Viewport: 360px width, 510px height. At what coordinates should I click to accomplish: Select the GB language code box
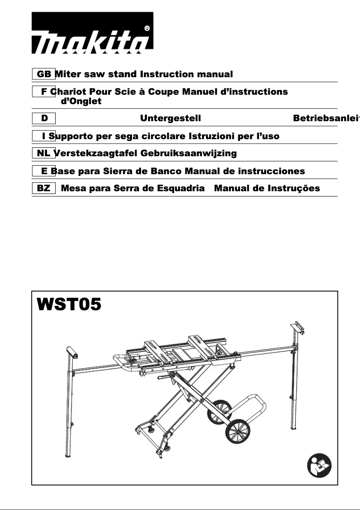[x=44, y=74]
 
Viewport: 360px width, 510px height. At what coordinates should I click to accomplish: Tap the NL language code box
[x=44, y=153]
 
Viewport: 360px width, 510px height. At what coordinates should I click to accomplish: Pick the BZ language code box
[x=44, y=188]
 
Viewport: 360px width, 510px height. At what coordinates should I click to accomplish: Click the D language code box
[x=44, y=118]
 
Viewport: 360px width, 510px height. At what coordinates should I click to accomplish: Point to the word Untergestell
[x=171, y=118]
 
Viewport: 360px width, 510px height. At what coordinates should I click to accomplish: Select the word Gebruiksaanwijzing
[x=189, y=153]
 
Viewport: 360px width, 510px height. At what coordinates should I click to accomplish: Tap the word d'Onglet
[x=81, y=101]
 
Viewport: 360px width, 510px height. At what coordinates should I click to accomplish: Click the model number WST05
[x=69, y=304]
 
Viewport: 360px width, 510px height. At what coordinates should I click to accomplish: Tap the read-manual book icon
[x=319, y=464]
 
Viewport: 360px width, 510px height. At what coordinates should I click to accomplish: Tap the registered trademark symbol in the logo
[x=147, y=28]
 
